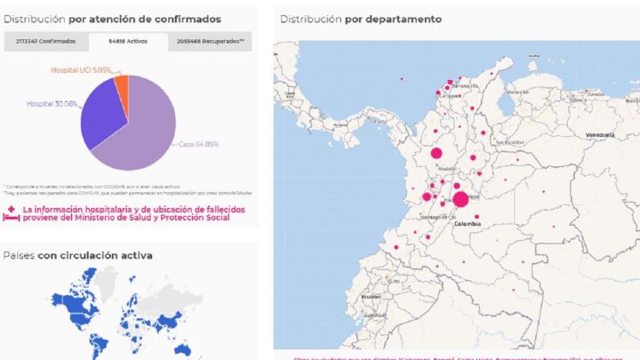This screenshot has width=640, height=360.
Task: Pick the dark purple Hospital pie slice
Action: point(100,116)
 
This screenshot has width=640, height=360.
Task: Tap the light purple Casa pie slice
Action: point(147,129)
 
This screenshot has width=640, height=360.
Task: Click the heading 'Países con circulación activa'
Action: point(77,255)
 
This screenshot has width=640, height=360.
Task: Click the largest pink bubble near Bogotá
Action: point(460,200)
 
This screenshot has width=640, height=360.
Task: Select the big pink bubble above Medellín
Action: point(436,154)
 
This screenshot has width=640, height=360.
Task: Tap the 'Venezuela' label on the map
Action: point(600,134)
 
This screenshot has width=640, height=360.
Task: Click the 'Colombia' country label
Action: point(468,225)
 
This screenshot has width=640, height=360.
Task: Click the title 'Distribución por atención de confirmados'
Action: point(112,19)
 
